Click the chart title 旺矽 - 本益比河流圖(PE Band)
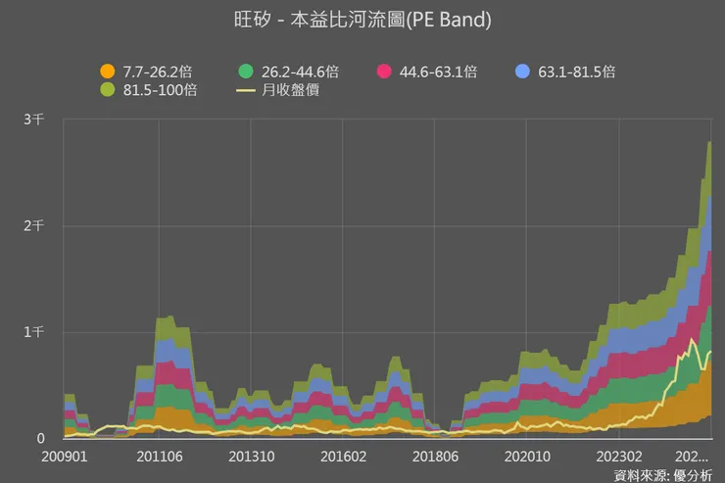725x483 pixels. pyautogui.click(x=362, y=20)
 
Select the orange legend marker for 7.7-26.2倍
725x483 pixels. pyautogui.click(x=107, y=72)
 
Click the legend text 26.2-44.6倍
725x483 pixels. pyautogui.click(x=300, y=72)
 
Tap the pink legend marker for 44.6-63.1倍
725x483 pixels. pyautogui.click(x=384, y=72)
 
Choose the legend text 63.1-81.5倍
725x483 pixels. pyautogui.click(x=577, y=72)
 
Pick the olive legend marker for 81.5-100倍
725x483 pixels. pyautogui.click(x=107, y=90)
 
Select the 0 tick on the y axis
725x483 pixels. pyautogui.click(x=40, y=439)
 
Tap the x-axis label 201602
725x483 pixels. pyautogui.click(x=342, y=457)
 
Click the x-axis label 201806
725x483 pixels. pyautogui.click(x=434, y=457)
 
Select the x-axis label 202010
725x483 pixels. pyautogui.click(x=526, y=457)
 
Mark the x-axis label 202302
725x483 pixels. pyautogui.click(x=618, y=457)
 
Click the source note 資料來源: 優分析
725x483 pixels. pyautogui.click(x=663, y=475)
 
